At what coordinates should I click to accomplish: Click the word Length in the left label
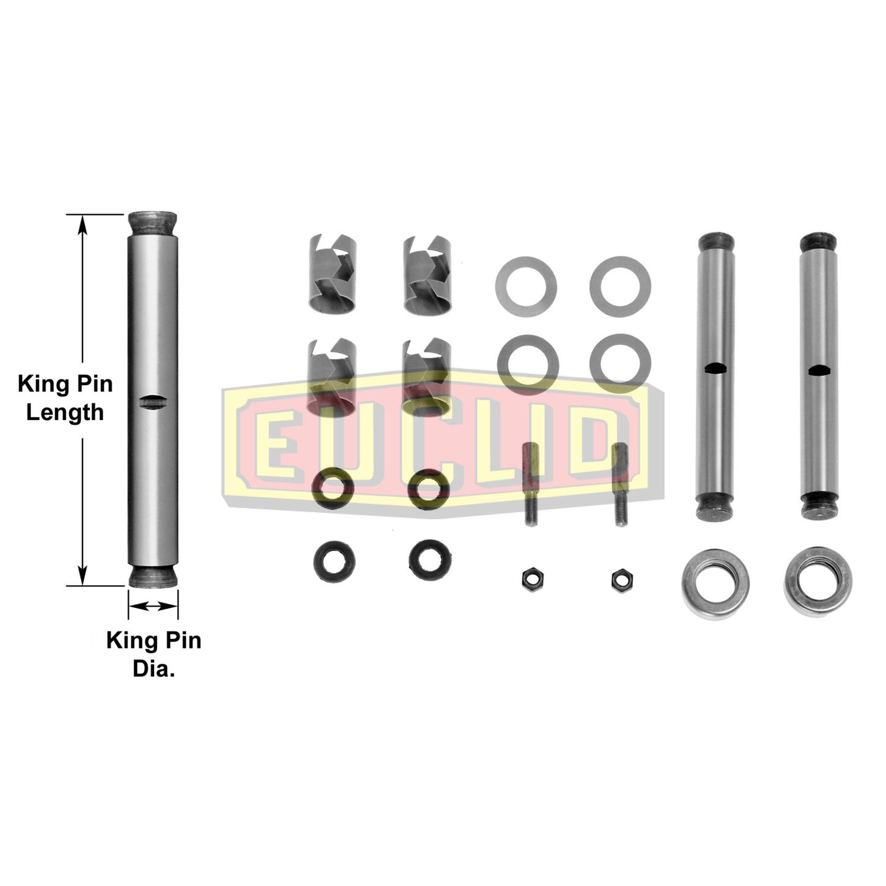tap(65, 412)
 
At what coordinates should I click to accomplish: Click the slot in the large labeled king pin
tap(153, 401)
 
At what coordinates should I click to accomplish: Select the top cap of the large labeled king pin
tap(153, 223)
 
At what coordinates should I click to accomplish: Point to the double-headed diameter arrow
tap(153, 607)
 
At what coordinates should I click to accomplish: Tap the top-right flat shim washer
tap(620, 286)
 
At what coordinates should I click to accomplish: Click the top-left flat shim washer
tap(526, 286)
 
